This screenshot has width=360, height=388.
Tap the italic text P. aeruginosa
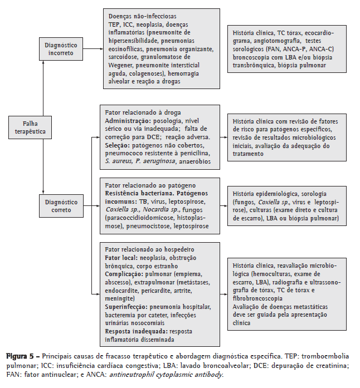click(155, 161)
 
